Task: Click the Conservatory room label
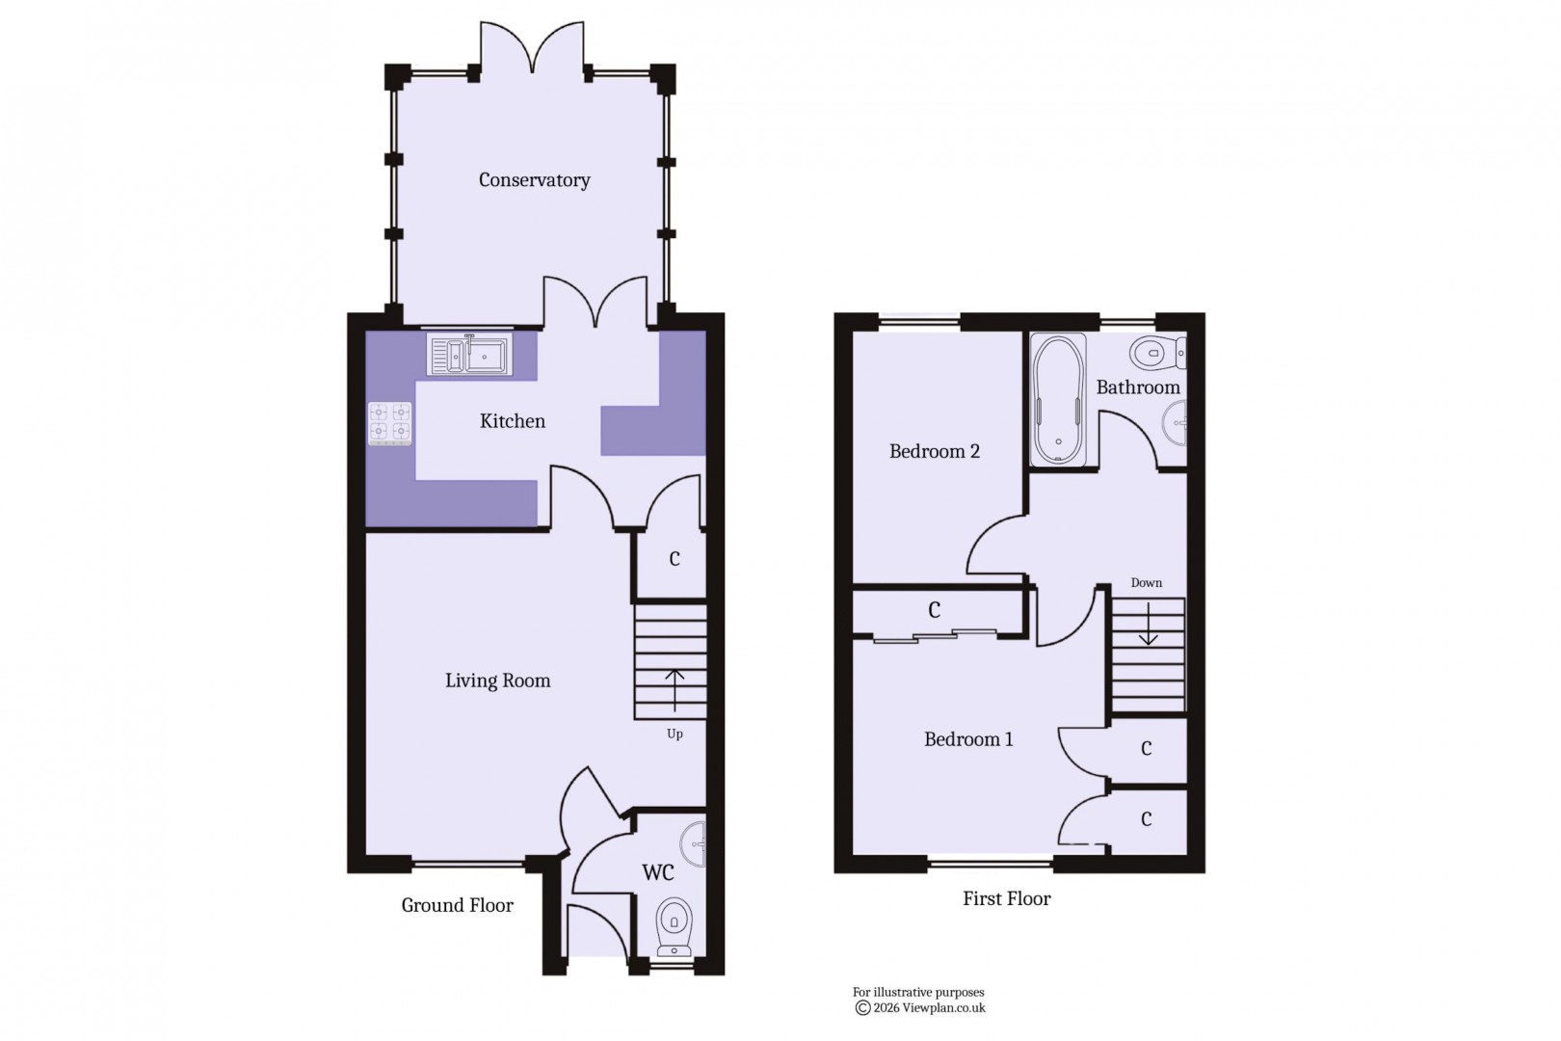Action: click(x=534, y=180)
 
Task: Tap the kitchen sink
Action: click(x=469, y=355)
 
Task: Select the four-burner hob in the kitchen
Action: click(x=389, y=423)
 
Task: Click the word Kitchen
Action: click(x=513, y=421)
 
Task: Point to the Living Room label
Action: click(x=497, y=681)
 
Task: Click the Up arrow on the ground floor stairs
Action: click(x=675, y=688)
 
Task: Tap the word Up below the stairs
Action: click(x=675, y=734)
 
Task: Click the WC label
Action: click(x=658, y=872)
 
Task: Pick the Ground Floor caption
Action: click(x=457, y=905)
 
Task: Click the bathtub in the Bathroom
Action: click(x=1058, y=400)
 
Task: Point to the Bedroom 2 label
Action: click(x=934, y=451)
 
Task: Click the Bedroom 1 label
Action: click(x=968, y=739)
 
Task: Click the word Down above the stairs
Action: click(x=1147, y=583)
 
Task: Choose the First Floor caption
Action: click(x=1006, y=898)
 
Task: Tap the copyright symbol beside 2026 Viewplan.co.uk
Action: click(x=862, y=1008)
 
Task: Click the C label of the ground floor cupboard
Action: click(x=675, y=559)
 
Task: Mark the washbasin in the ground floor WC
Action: click(x=695, y=844)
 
